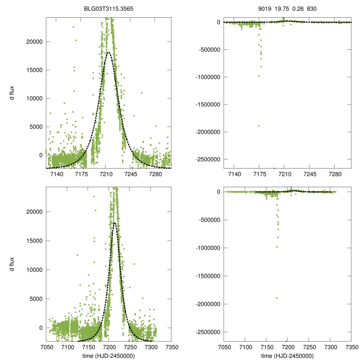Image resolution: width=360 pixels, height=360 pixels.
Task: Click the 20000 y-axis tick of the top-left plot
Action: [x=34, y=41]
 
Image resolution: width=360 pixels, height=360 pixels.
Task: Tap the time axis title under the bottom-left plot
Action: [x=108, y=356]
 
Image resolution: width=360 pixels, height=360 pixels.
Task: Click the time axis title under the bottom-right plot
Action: [x=287, y=356]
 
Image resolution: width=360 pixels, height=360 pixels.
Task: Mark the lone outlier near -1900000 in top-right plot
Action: [x=259, y=126]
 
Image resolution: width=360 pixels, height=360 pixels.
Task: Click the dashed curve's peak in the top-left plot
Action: [x=109, y=52]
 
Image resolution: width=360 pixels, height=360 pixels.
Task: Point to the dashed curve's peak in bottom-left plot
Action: [x=115, y=223]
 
